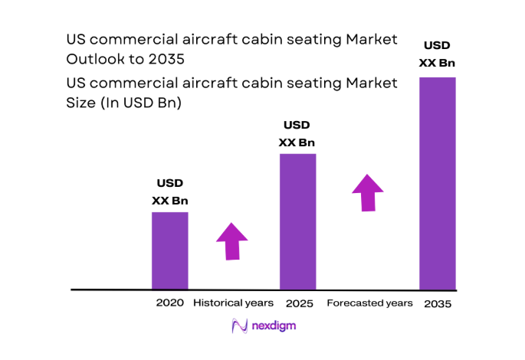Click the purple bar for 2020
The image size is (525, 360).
coord(169,250)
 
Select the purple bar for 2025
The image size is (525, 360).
coord(297,221)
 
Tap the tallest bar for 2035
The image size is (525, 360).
coord(437,184)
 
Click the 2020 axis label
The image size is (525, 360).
coord(169,303)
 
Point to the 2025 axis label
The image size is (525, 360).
coord(297,304)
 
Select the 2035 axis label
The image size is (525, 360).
coord(437,304)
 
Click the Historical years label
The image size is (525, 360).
coord(233,303)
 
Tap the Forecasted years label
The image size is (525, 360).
coord(369,303)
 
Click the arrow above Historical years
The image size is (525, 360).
coord(232,241)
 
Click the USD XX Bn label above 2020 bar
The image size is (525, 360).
coord(169,192)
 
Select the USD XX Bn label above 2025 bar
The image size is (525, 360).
coord(297,134)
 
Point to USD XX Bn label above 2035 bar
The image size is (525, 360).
coord(438,54)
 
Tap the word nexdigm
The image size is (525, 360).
coord(274,326)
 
